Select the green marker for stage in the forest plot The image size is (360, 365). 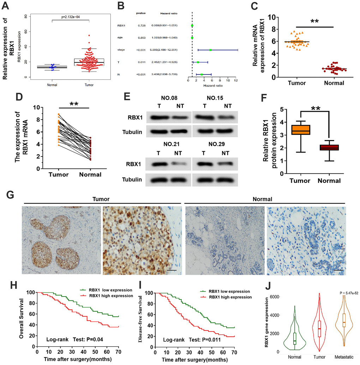pyautogui.click(x=210, y=50)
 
